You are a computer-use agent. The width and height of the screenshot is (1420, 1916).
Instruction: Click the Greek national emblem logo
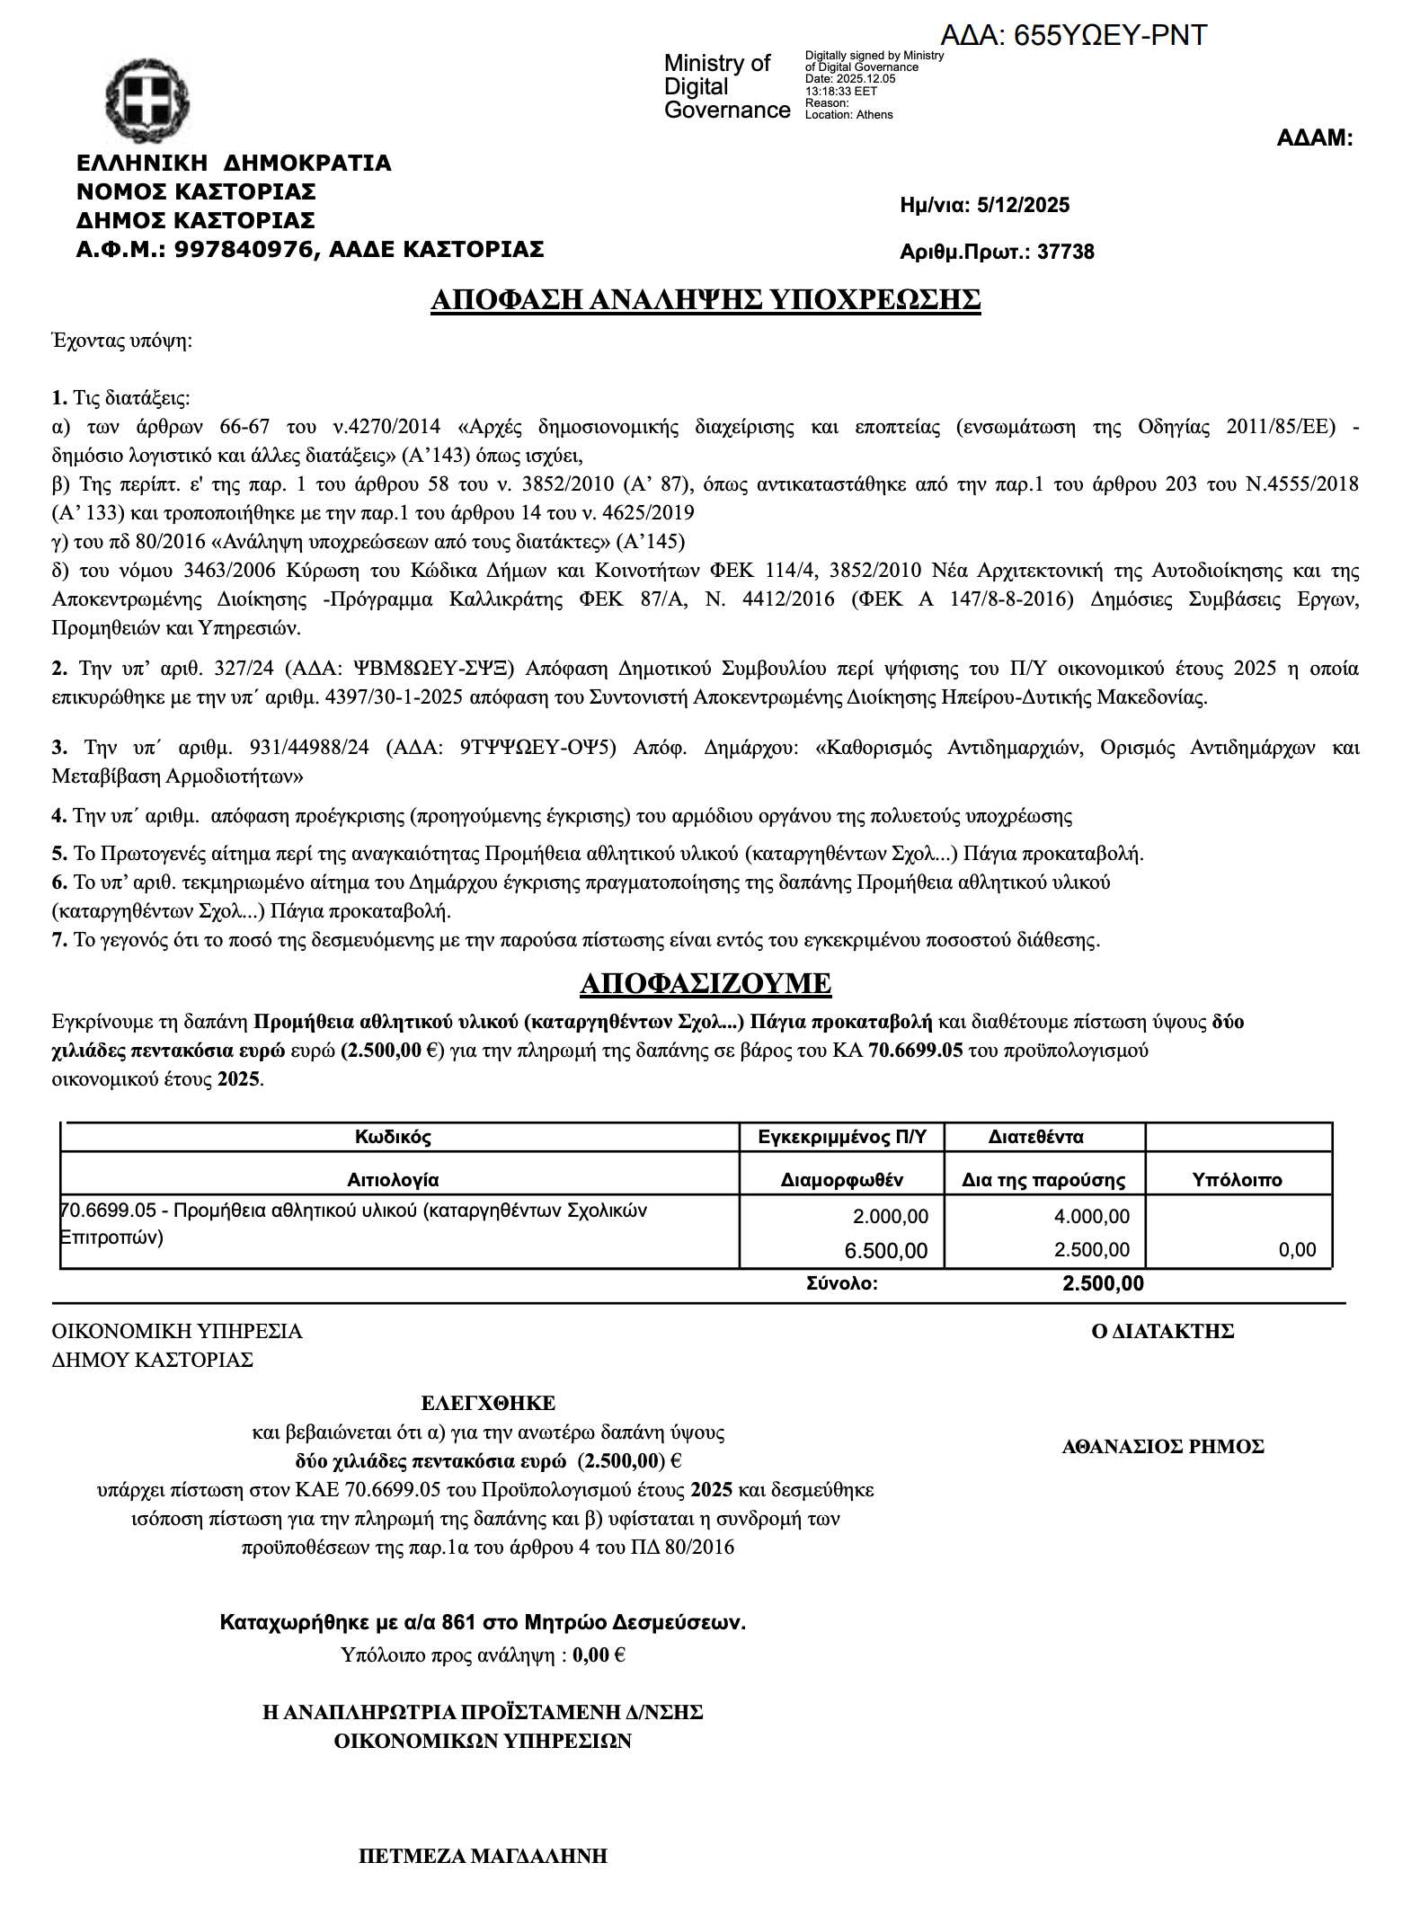tap(146, 98)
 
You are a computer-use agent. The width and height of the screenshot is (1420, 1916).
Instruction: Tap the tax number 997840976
tap(243, 249)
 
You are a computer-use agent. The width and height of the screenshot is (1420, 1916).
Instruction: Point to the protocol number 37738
tap(1066, 252)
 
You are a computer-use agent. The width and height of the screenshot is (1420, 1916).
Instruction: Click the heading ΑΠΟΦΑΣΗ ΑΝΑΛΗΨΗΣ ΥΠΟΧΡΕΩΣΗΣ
tap(706, 299)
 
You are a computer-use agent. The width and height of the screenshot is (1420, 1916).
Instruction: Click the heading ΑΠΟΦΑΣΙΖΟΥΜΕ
tap(706, 983)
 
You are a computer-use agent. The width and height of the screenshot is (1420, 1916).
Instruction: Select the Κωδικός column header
tap(393, 1137)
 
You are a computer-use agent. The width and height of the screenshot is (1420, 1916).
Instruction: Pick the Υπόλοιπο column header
tap(1237, 1180)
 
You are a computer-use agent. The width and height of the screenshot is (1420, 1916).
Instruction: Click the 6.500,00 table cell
tap(885, 1250)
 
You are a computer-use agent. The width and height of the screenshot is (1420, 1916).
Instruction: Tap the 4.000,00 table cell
tap(1091, 1217)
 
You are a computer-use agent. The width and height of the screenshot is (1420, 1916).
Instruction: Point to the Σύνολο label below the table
tap(841, 1283)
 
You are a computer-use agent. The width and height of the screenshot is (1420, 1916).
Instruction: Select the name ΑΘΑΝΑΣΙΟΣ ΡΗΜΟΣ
tap(1163, 1447)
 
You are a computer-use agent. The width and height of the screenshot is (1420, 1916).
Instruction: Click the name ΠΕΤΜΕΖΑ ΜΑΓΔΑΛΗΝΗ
tap(483, 1856)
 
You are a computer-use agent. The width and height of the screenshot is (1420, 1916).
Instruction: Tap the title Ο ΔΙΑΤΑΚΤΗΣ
tap(1162, 1332)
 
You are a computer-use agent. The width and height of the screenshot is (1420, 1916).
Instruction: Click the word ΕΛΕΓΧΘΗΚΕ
tap(488, 1403)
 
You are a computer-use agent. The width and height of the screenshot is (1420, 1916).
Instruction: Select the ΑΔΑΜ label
tap(1314, 138)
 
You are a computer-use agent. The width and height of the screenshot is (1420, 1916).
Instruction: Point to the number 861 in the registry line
tap(458, 1622)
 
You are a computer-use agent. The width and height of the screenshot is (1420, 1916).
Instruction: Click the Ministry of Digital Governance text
tap(726, 87)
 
